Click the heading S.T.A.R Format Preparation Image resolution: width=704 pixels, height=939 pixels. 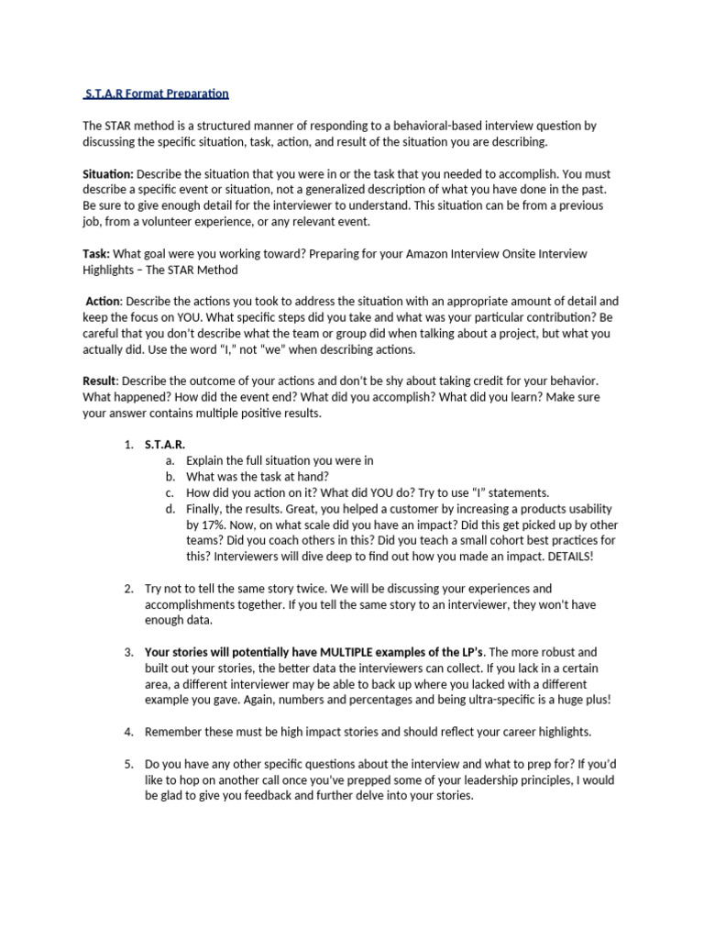[156, 94]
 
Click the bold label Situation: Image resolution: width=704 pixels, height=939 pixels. [108, 173]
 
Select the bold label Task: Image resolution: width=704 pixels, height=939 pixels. [97, 253]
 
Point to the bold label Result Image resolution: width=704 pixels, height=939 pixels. [100, 381]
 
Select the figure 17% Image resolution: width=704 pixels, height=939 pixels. [211, 525]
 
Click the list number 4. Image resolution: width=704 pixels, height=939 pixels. [128, 732]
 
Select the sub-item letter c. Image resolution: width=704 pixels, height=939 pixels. [170, 493]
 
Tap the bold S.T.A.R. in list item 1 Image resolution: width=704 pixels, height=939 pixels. [165, 445]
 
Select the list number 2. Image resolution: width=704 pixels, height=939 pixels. [128, 589]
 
